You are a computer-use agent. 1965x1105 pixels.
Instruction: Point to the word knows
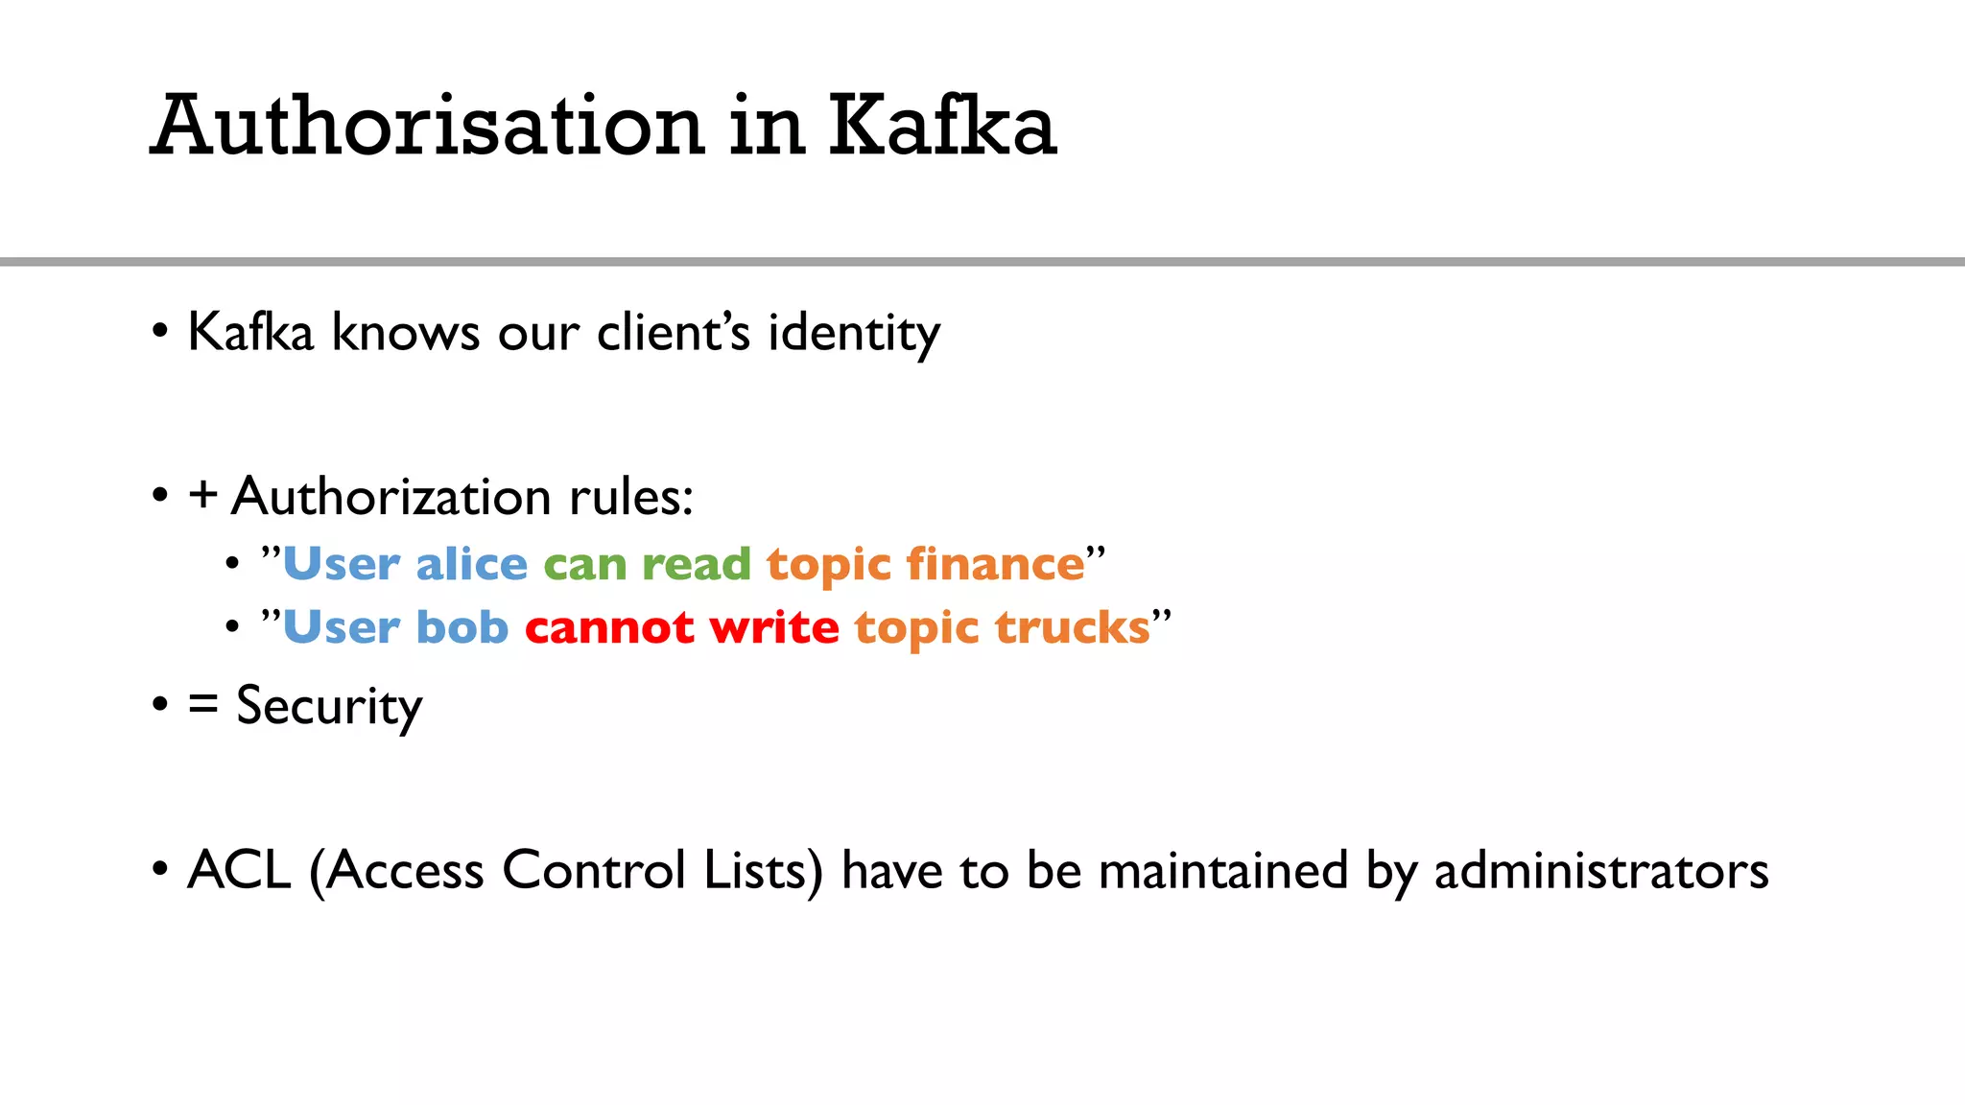coord(406,333)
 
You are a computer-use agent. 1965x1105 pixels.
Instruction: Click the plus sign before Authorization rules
coord(202,496)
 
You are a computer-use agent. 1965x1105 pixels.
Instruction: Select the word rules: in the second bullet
coord(630,497)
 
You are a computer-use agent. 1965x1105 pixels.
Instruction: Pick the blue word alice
coord(471,564)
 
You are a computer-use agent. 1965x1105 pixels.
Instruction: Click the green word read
coord(696,564)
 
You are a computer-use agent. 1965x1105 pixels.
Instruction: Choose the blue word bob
coord(462,627)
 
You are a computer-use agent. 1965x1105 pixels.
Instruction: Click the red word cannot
coord(609,628)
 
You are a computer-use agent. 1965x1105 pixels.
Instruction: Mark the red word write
coord(774,628)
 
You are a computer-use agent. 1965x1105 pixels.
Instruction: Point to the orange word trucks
coord(1072,628)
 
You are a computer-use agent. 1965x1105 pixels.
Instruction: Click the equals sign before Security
coord(202,705)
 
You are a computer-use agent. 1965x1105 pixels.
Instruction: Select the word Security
coord(329,707)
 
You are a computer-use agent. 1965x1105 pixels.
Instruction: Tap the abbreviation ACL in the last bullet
coord(239,870)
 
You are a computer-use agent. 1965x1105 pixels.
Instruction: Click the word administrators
coord(1600,871)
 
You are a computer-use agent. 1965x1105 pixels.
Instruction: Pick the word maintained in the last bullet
coord(1223,871)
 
